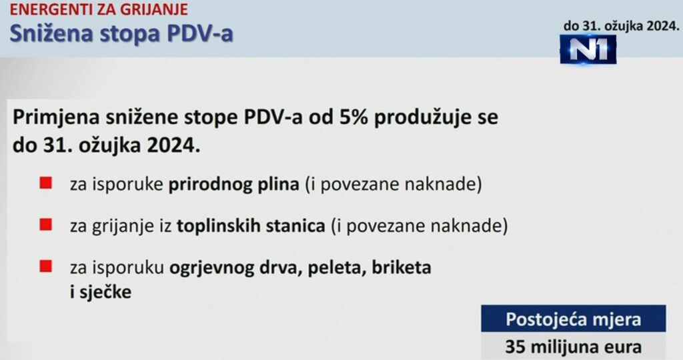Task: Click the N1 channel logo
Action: (588, 49)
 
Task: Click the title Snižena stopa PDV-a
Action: (121, 33)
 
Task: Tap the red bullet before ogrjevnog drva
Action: (46, 267)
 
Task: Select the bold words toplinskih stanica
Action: (251, 226)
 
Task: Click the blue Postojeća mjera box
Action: (574, 319)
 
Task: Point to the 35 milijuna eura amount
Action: (574, 347)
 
